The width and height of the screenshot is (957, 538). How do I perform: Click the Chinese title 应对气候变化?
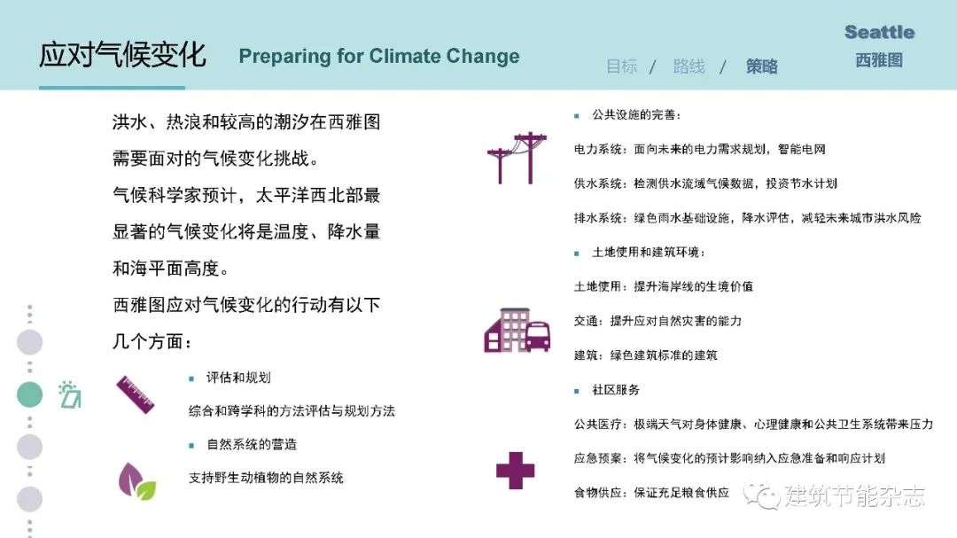click(122, 55)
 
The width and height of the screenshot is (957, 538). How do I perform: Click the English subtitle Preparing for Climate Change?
click(379, 56)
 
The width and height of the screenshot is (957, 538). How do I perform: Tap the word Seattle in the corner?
click(880, 33)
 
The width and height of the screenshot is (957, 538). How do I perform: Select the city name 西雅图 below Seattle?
click(879, 60)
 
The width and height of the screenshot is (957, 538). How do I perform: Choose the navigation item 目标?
click(621, 66)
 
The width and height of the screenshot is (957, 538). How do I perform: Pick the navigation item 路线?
click(689, 66)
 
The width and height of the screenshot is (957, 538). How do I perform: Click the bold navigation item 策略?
click(762, 66)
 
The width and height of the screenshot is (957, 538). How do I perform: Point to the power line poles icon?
click(517, 158)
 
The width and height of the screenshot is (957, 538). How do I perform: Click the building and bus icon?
click(517, 330)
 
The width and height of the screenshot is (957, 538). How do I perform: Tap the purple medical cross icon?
click(515, 471)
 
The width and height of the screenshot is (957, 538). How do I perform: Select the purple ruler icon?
click(136, 394)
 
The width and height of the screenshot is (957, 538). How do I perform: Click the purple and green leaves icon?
click(136, 481)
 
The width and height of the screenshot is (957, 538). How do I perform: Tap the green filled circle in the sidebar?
click(29, 394)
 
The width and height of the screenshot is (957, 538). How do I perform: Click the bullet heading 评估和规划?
click(238, 378)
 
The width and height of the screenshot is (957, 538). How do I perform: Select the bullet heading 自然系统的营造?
click(252, 445)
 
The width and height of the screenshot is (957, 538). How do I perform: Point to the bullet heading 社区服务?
click(616, 390)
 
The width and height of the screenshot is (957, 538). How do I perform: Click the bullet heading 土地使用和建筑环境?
click(649, 253)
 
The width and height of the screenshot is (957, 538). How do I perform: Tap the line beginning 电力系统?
click(699, 149)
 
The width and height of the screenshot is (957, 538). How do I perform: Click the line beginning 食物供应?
click(651, 493)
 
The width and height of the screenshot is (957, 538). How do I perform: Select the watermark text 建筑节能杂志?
click(854, 495)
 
